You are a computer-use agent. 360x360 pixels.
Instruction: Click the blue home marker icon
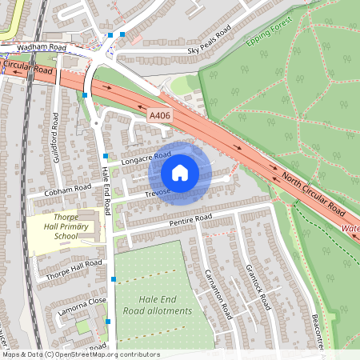coord(180,172)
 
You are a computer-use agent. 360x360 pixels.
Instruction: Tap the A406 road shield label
coord(160,117)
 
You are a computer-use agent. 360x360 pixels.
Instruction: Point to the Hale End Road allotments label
coord(158,305)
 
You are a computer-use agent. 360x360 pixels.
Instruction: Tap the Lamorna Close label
coord(80,305)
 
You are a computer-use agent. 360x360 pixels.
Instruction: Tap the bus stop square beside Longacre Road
coord(106,155)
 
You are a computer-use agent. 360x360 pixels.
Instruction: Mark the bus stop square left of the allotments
coord(114,278)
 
